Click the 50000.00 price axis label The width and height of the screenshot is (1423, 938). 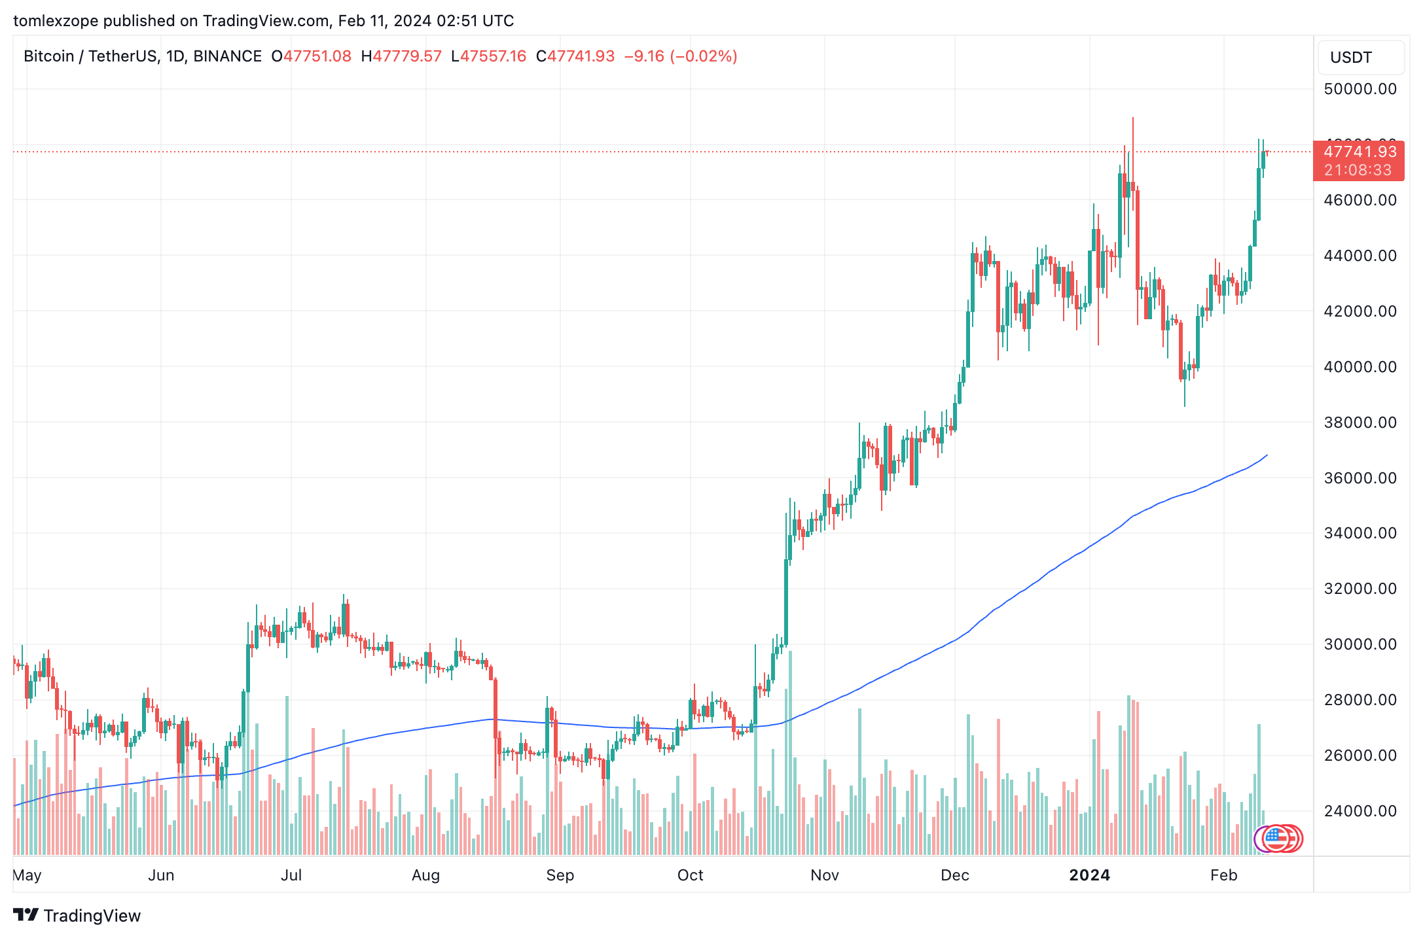(x=1360, y=89)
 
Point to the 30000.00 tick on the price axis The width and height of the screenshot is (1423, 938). (x=1360, y=644)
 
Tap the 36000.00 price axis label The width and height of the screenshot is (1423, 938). (x=1360, y=478)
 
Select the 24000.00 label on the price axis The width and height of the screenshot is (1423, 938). (x=1360, y=811)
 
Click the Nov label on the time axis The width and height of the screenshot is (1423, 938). (x=824, y=875)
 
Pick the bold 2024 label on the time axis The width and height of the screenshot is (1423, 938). (x=1089, y=875)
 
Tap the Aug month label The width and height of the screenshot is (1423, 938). (x=425, y=875)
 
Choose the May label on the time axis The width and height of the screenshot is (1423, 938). (x=27, y=875)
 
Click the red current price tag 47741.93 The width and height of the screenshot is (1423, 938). (x=1360, y=152)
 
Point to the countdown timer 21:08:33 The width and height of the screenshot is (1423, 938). (x=1358, y=170)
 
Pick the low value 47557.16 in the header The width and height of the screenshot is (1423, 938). (x=492, y=56)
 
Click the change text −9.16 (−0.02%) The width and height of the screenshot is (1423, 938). (x=681, y=56)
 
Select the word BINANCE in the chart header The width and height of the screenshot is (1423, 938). (x=227, y=56)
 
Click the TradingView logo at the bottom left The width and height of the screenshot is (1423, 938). (x=77, y=915)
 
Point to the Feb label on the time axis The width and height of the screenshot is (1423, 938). (x=1223, y=875)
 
